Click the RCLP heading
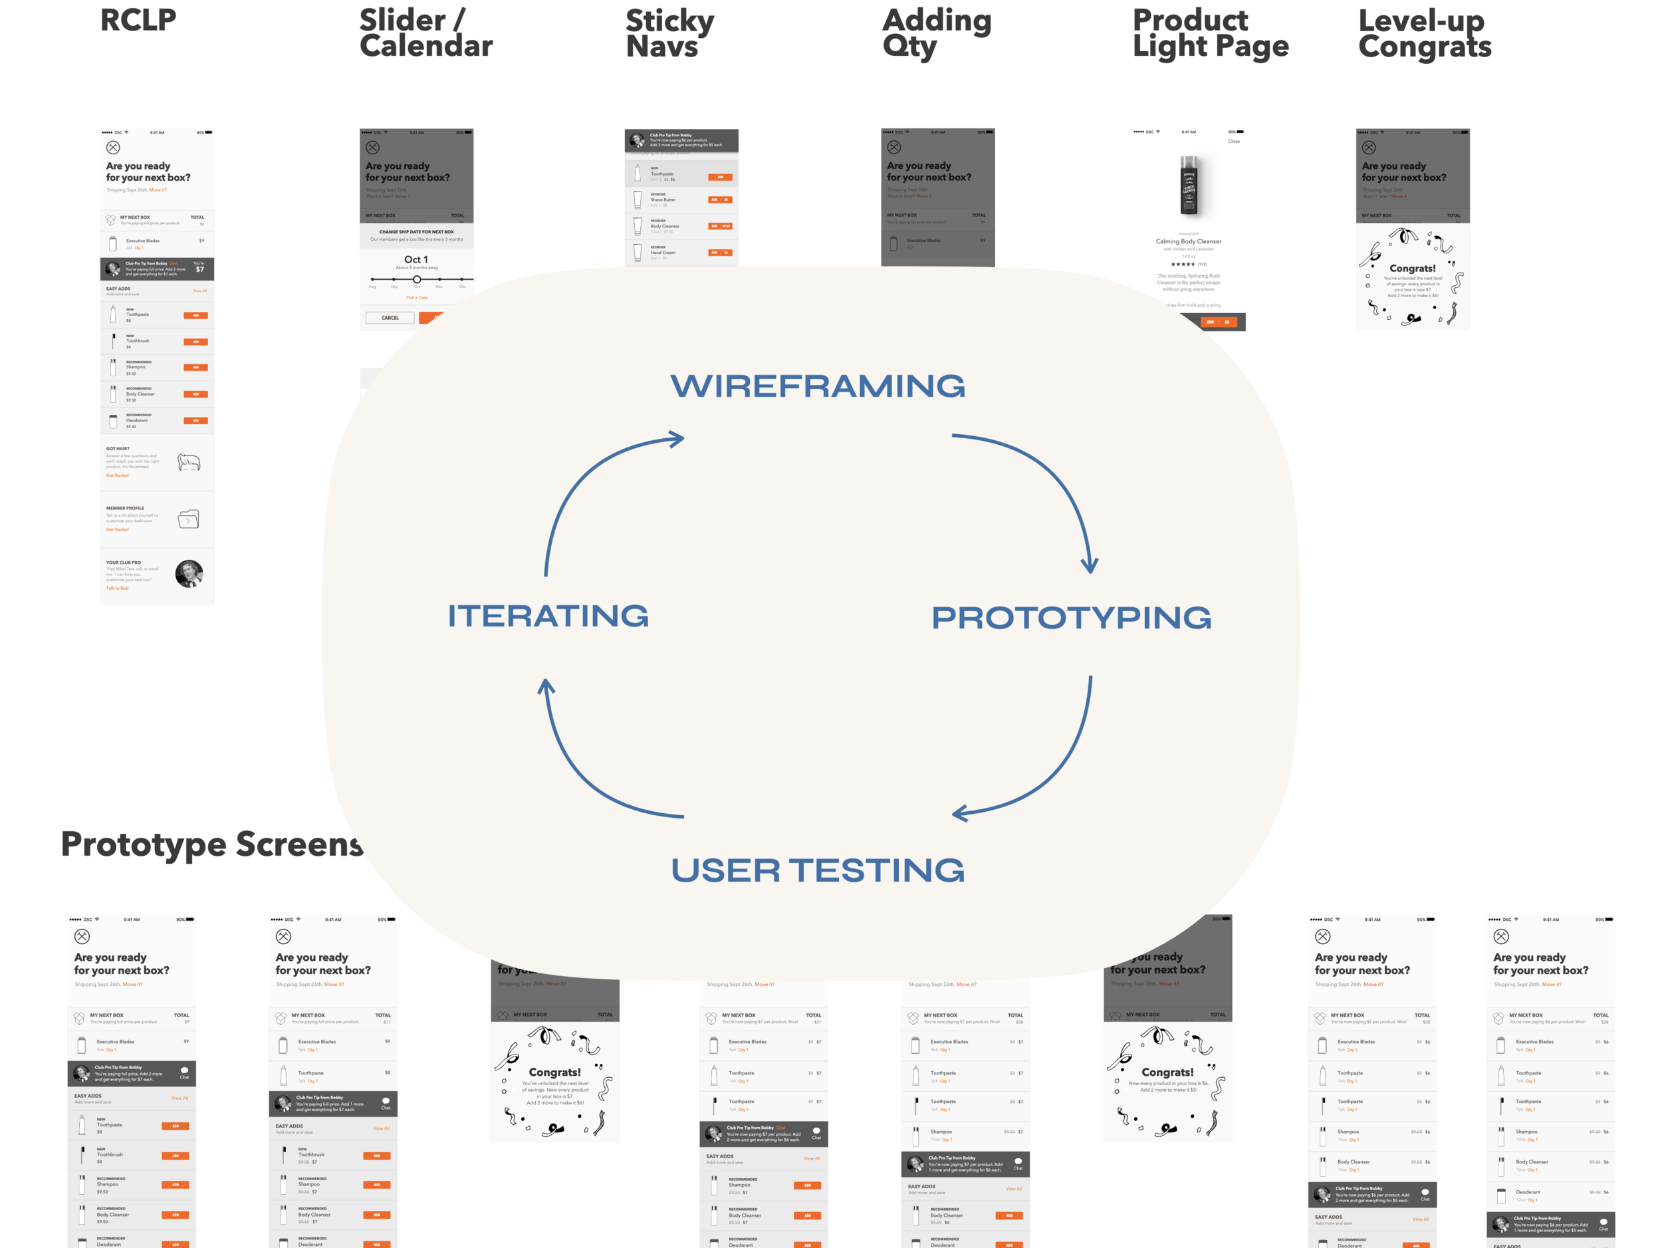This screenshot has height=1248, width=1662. (138, 21)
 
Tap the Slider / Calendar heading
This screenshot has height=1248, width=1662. (425, 33)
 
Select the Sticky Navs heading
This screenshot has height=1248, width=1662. (669, 33)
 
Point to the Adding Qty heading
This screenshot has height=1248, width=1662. (936, 33)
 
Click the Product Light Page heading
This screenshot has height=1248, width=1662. (1210, 33)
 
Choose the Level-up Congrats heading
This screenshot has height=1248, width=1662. (1425, 33)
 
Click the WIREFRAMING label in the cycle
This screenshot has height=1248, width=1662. (818, 386)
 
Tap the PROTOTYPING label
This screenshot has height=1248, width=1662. (1071, 618)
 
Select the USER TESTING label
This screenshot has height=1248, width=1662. (818, 870)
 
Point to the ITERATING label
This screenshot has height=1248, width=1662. (548, 616)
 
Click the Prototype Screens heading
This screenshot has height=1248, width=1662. (212, 844)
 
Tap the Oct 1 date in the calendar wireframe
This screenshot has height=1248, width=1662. (416, 259)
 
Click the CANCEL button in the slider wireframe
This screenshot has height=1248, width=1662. (390, 318)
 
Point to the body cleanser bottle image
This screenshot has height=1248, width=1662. (1189, 186)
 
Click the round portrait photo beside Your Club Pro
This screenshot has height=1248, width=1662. (189, 574)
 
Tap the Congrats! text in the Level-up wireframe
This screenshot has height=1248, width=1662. (1412, 268)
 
